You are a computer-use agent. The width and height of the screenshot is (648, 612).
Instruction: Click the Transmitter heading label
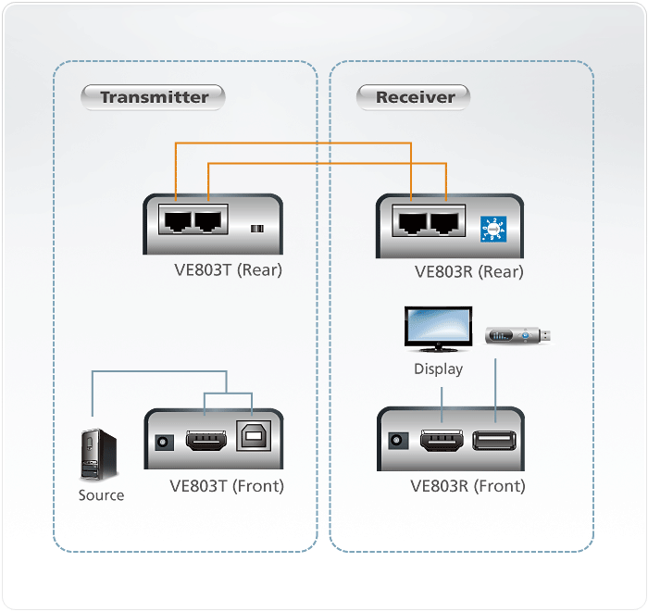click(154, 96)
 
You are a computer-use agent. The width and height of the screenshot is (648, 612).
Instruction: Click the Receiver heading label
click(415, 96)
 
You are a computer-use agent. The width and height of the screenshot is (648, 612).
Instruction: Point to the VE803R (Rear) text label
click(468, 271)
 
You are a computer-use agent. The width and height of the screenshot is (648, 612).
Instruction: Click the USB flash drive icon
click(518, 335)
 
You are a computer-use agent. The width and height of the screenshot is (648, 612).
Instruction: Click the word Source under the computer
click(101, 495)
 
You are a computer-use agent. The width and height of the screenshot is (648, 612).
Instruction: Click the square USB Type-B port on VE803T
click(251, 439)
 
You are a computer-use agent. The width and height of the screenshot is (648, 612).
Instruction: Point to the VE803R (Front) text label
click(467, 486)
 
